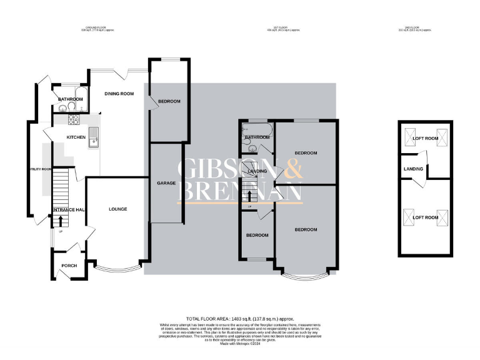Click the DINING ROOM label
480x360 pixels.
point(119,94)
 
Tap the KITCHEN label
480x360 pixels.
point(76,137)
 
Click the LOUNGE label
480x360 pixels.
point(117,209)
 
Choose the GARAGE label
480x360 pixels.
point(165,183)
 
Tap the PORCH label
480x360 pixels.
point(69,266)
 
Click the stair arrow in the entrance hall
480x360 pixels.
point(61,221)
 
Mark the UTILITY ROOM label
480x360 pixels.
point(39,169)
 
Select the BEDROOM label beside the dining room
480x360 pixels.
point(169,102)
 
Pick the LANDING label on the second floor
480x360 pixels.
point(414,169)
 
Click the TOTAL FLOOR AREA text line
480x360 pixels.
point(240,319)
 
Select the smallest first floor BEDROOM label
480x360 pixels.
point(257,236)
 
